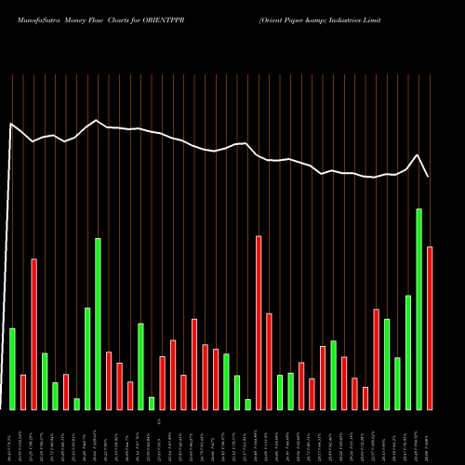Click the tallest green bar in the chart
(x=418, y=309)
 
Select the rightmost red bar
(x=430, y=327)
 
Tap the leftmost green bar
(x=12, y=368)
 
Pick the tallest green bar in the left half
(x=98, y=324)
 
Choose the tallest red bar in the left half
(x=34, y=334)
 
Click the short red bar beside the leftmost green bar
(x=23, y=392)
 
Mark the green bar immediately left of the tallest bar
(x=408, y=352)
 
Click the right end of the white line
(x=429, y=177)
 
